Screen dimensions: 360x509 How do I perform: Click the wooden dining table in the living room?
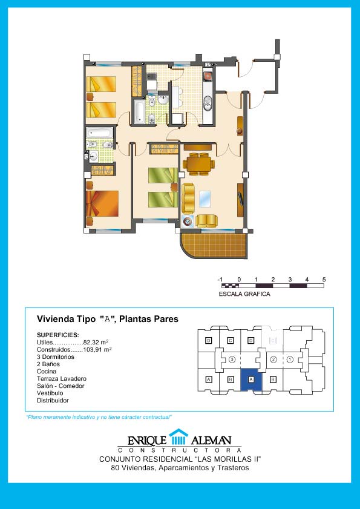click(x=198, y=164)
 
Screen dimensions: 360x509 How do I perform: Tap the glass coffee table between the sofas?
click(x=205, y=199)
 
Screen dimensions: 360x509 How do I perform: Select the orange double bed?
click(x=102, y=203)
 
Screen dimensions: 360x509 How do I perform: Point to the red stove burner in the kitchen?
click(x=208, y=77)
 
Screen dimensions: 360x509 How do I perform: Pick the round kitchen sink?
click(x=208, y=105)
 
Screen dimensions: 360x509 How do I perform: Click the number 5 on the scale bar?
click(x=324, y=280)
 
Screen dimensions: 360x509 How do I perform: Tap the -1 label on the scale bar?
click(x=220, y=280)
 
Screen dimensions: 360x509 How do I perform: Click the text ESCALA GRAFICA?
click(x=244, y=294)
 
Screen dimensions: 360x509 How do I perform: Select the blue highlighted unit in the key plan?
click(x=251, y=379)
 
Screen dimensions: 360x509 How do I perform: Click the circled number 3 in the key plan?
click(x=232, y=360)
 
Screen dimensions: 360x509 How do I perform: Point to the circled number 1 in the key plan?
click(x=290, y=360)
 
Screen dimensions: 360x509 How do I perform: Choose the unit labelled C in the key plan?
click(x=230, y=340)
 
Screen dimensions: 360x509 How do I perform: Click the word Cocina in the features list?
click(x=47, y=372)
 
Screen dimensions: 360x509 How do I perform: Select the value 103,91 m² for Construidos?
click(x=97, y=350)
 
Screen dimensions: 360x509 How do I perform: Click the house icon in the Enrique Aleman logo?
click(x=178, y=436)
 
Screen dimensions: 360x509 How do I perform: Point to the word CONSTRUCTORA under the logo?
click(x=180, y=450)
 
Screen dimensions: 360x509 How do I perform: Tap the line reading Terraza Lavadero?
click(x=62, y=378)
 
